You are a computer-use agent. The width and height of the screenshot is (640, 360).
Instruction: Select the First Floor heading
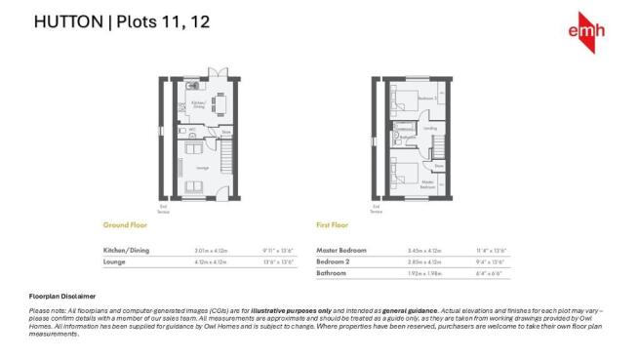[333, 224]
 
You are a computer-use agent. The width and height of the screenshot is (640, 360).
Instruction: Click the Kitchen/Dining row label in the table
[125, 251]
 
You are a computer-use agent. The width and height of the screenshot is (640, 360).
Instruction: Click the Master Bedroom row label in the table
[340, 251]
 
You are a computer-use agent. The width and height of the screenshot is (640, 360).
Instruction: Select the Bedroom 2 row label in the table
[333, 262]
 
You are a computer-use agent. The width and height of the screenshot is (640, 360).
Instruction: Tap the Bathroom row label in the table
[332, 274]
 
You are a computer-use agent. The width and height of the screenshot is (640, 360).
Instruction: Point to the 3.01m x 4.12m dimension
[210, 251]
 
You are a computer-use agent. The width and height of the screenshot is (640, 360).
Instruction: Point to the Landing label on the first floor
[430, 127]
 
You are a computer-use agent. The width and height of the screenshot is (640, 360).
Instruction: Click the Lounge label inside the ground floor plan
[203, 168]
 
